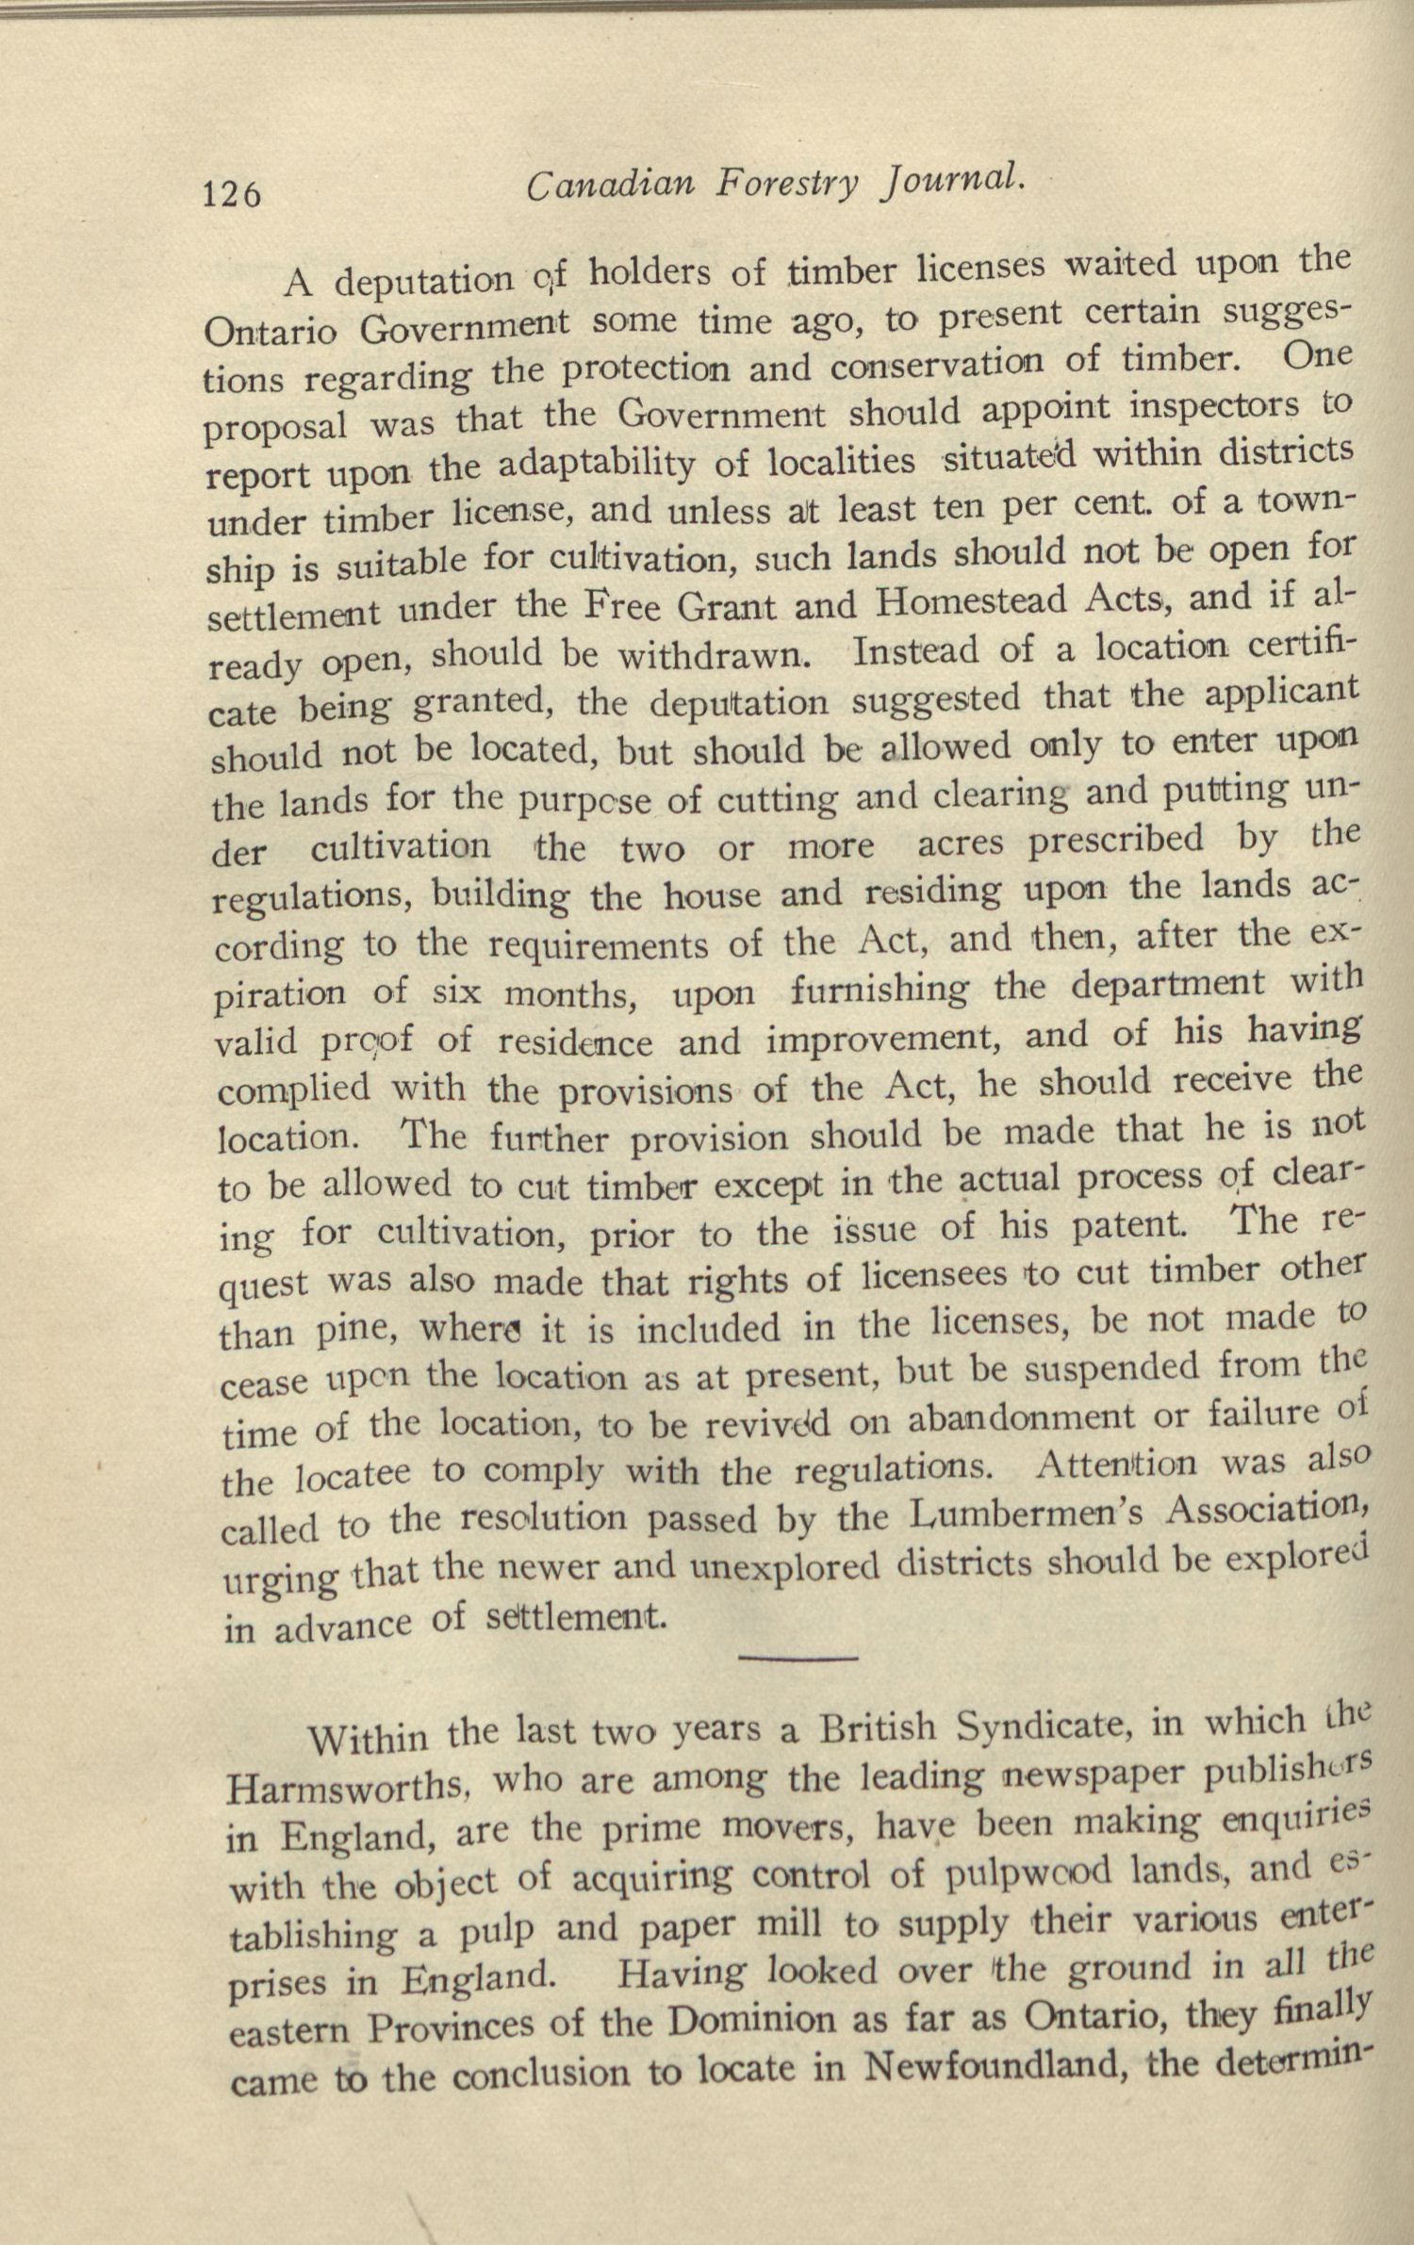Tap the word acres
(x=963, y=843)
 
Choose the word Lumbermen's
(x=1033, y=1516)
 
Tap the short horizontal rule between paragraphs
(x=798, y=1657)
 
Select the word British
(x=879, y=1729)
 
